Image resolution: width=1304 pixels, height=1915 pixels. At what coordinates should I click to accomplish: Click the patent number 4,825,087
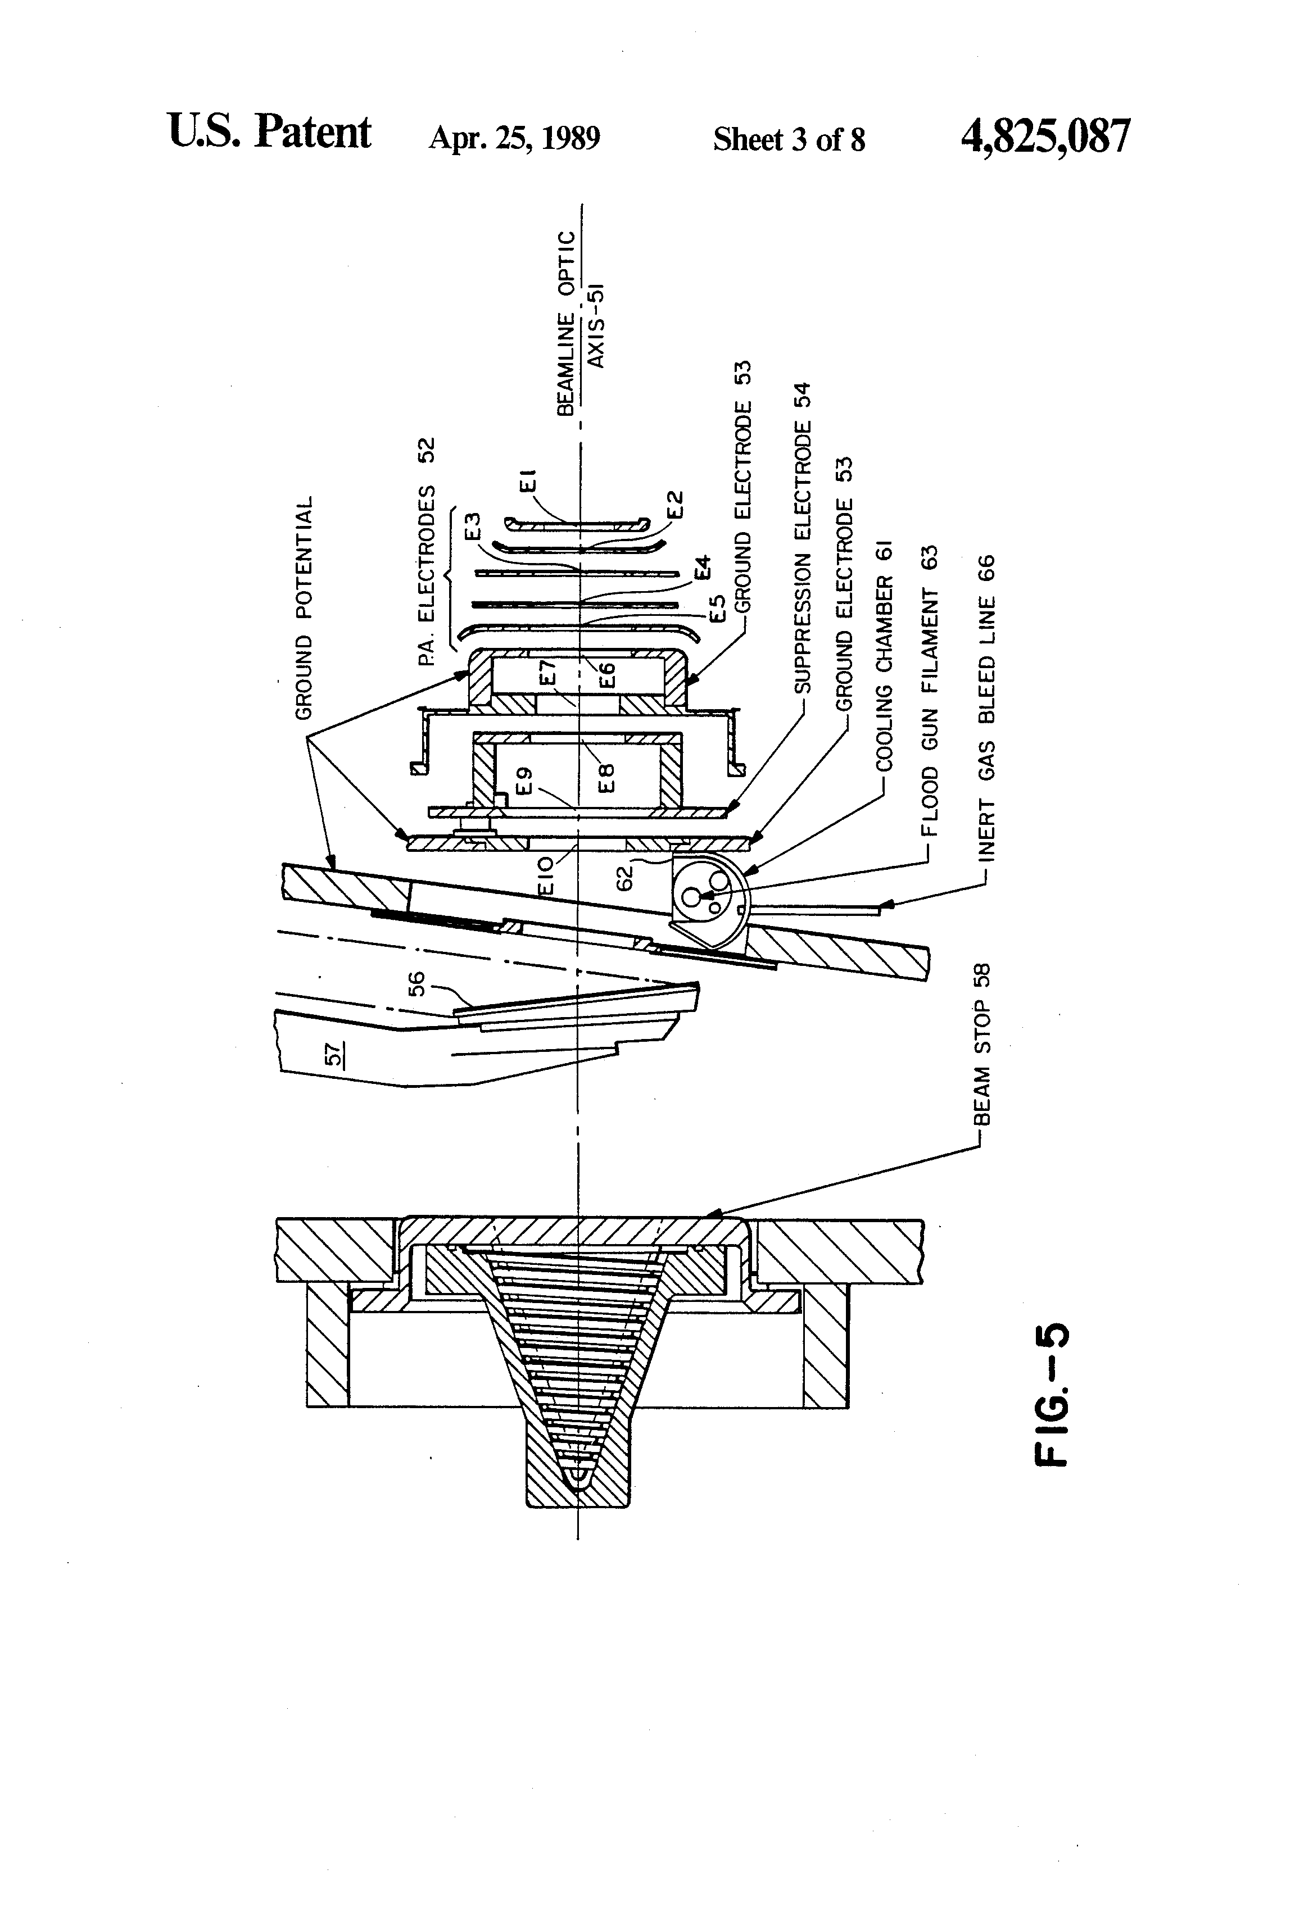click(x=1045, y=136)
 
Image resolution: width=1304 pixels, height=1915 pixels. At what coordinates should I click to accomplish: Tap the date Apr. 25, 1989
click(x=514, y=138)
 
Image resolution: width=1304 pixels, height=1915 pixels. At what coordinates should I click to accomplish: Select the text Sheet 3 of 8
click(x=789, y=139)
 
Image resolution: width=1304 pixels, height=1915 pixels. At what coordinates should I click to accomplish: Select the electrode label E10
click(x=546, y=877)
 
